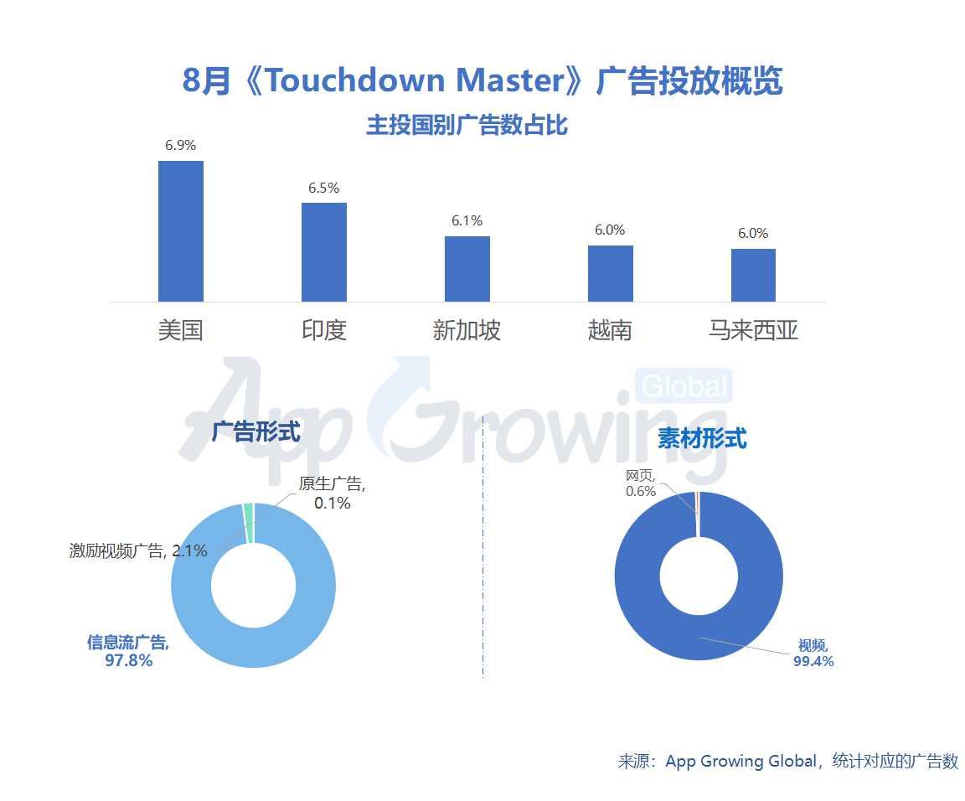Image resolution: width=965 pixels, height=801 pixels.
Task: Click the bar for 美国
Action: click(x=180, y=231)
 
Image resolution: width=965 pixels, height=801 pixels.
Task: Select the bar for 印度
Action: click(x=323, y=252)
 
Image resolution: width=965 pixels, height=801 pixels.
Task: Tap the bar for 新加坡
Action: click(x=467, y=269)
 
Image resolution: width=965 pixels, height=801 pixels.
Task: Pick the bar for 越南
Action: click(x=610, y=273)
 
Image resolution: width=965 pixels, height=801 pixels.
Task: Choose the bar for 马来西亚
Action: click(x=753, y=275)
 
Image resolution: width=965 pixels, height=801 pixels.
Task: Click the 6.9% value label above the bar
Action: click(x=180, y=145)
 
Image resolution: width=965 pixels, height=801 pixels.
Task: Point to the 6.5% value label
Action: click(x=323, y=188)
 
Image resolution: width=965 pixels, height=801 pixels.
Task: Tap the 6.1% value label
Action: click(x=467, y=221)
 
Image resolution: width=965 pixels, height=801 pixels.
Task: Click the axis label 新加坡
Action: click(x=467, y=330)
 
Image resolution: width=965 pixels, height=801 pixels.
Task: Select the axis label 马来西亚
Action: click(x=753, y=330)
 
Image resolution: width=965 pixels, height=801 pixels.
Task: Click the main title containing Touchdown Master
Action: click(x=482, y=81)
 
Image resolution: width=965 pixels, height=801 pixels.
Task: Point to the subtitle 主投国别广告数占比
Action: click(x=467, y=126)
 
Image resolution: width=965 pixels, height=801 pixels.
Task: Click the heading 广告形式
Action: click(x=255, y=432)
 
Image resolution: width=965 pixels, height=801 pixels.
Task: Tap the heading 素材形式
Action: click(x=702, y=437)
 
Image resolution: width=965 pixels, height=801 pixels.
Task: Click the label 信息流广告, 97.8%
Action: click(x=128, y=651)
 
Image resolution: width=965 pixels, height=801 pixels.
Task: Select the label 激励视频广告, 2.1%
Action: click(x=138, y=550)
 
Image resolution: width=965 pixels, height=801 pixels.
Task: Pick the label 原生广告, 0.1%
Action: click(x=332, y=493)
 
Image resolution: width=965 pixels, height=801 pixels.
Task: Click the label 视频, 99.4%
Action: click(x=813, y=653)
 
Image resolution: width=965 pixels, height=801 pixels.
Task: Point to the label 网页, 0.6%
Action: click(x=641, y=483)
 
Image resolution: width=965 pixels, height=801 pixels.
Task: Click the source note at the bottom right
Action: click(x=787, y=762)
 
